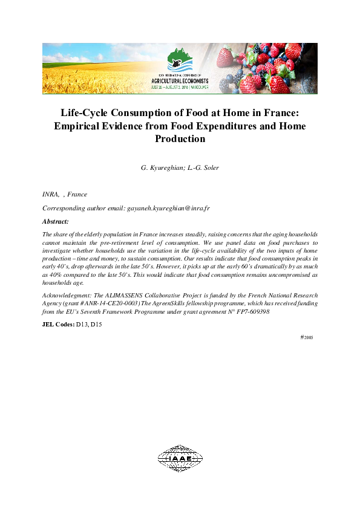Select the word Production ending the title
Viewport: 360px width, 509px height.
pos(180,139)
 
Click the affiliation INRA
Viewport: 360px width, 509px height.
pos(50,195)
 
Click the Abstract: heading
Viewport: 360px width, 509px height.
pos(56,221)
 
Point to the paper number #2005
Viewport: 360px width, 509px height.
pos(307,337)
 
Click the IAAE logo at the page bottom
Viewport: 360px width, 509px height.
pos(180,458)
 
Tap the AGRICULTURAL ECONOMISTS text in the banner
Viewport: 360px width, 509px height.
pos(180,80)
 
